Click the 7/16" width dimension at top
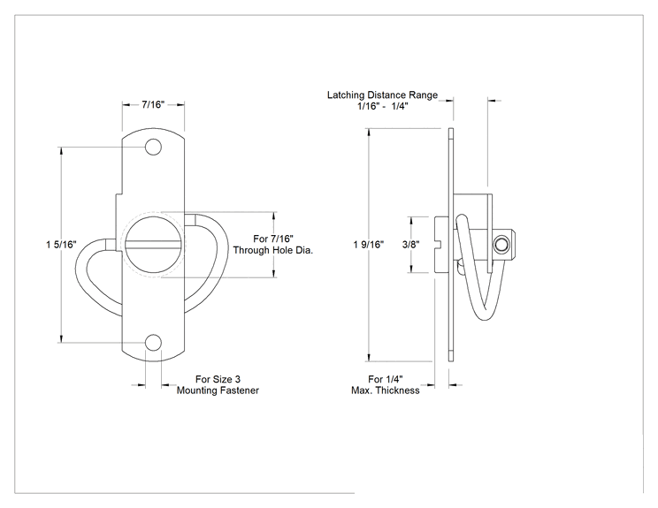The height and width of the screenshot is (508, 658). pyautogui.click(x=153, y=104)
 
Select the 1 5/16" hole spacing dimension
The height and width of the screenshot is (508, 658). pyautogui.click(x=61, y=244)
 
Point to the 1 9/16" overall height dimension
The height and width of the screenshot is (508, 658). pyautogui.click(x=369, y=245)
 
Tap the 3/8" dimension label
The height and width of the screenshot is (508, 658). pyautogui.click(x=411, y=245)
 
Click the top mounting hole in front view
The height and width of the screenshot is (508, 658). pyautogui.click(x=153, y=148)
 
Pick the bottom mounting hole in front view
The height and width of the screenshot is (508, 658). pyautogui.click(x=153, y=343)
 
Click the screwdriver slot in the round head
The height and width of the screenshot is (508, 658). pyautogui.click(x=155, y=245)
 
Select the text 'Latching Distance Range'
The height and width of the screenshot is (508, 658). pyautogui.click(x=382, y=95)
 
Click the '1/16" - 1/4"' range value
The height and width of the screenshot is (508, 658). pyautogui.click(x=383, y=106)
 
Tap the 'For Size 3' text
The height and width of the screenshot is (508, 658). pyautogui.click(x=218, y=379)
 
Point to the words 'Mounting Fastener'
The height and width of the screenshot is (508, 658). pyautogui.click(x=218, y=390)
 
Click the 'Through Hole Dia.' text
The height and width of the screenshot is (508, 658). pyautogui.click(x=273, y=250)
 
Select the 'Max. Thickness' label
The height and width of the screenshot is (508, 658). pyautogui.click(x=386, y=390)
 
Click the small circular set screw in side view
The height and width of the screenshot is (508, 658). pyautogui.click(x=501, y=244)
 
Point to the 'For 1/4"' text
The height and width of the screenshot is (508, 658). pyautogui.click(x=386, y=379)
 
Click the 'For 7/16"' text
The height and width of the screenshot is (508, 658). pyautogui.click(x=273, y=239)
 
